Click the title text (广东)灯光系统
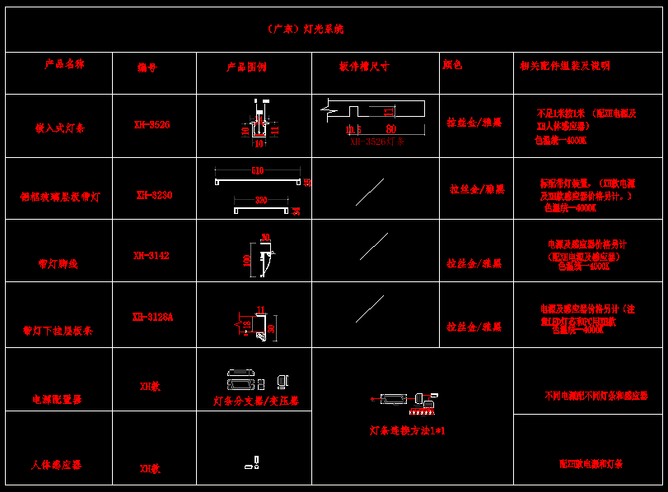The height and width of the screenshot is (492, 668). pyautogui.click(x=306, y=29)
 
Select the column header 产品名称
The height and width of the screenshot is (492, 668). pyautogui.click(x=64, y=63)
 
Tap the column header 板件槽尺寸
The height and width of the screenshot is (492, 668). pyautogui.click(x=364, y=66)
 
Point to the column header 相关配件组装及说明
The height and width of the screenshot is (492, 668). pyautogui.click(x=565, y=66)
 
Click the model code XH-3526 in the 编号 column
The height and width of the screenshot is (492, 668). pyautogui.click(x=152, y=125)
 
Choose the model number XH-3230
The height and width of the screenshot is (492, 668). pyautogui.click(x=154, y=195)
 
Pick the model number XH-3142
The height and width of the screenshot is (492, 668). pyautogui.click(x=152, y=256)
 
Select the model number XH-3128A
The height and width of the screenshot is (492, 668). pyautogui.click(x=152, y=317)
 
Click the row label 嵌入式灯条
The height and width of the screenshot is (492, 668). pyautogui.click(x=59, y=128)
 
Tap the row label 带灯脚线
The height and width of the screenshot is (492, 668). pyautogui.click(x=58, y=264)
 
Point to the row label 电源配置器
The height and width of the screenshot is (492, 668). pyautogui.click(x=57, y=399)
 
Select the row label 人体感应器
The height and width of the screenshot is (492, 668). pyautogui.click(x=56, y=465)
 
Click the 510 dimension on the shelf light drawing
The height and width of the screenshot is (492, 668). pyautogui.click(x=257, y=171)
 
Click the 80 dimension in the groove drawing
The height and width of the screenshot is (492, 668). pyautogui.click(x=390, y=129)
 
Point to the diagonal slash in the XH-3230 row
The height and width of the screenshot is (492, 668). pyautogui.click(x=370, y=192)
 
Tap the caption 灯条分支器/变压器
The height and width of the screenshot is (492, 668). pyautogui.click(x=255, y=401)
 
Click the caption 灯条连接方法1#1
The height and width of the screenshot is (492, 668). pyautogui.click(x=407, y=430)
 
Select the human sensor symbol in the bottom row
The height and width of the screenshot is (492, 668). pyautogui.click(x=253, y=463)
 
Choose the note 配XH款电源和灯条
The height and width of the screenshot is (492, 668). pyautogui.click(x=590, y=464)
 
